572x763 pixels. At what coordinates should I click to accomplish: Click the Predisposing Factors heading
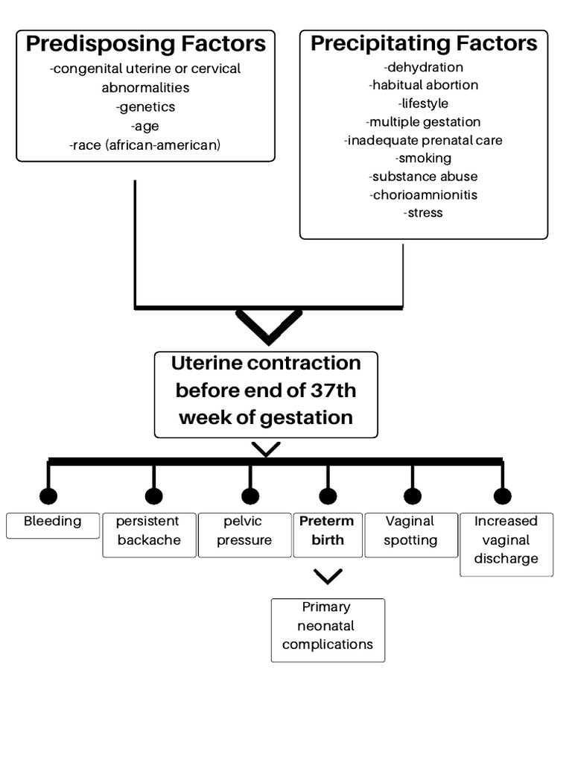pyautogui.click(x=146, y=44)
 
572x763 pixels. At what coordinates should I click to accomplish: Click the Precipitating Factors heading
pyautogui.click(x=424, y=43)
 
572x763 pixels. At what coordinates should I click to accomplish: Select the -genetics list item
pyautogui.click(x=146, y=107)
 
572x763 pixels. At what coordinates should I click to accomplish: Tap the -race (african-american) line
pyautogui.click(x=146, y=145)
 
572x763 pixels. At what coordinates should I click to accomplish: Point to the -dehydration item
pyautogui.click(x=424, y=67)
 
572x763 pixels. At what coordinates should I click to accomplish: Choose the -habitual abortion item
pyautogui.click(x=424, y=85)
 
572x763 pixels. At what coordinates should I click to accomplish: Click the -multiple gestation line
pyautogui.click(x=424, y=121)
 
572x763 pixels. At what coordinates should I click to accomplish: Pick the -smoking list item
pyautogui.click(x=424, y=158)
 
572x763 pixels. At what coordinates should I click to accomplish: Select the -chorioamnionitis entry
pyautogui.click(x=424, y=194)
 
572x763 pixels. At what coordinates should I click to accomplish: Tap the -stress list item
pyautogui.click(x=424, y=212)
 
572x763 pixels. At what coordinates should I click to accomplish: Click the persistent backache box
pyautogui.click(x=150, y=534)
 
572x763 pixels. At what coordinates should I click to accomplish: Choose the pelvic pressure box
pyautogui.click(x=244, y=534)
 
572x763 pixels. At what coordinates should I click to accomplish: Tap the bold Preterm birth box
pyautogui.click(x=327, y=534)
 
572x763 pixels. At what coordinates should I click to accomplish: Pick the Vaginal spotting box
pyautogui.click(x=410, y=534)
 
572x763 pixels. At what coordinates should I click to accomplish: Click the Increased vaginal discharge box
pyautogui.click(x=506, y=543)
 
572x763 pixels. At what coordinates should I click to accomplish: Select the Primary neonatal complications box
pyautogui.click(x=328, y=630)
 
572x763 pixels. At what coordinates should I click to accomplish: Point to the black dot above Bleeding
pyautogui.click(x=48, y=496)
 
